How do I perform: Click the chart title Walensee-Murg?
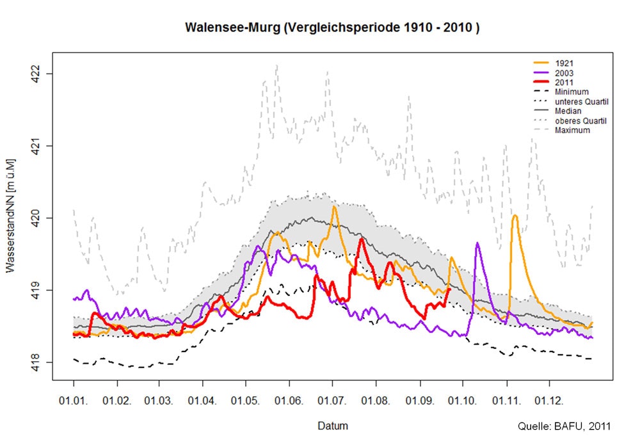[332, 28]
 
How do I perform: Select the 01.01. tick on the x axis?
[74, 401]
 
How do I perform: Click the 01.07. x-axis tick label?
[333, 401]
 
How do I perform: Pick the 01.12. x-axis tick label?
[549, 401]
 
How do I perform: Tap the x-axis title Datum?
[332, 425]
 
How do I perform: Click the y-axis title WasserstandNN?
[11, 218]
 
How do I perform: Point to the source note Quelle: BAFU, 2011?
[564, 426]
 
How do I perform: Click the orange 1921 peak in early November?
[515, 216]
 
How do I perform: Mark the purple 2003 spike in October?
[477, 244]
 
